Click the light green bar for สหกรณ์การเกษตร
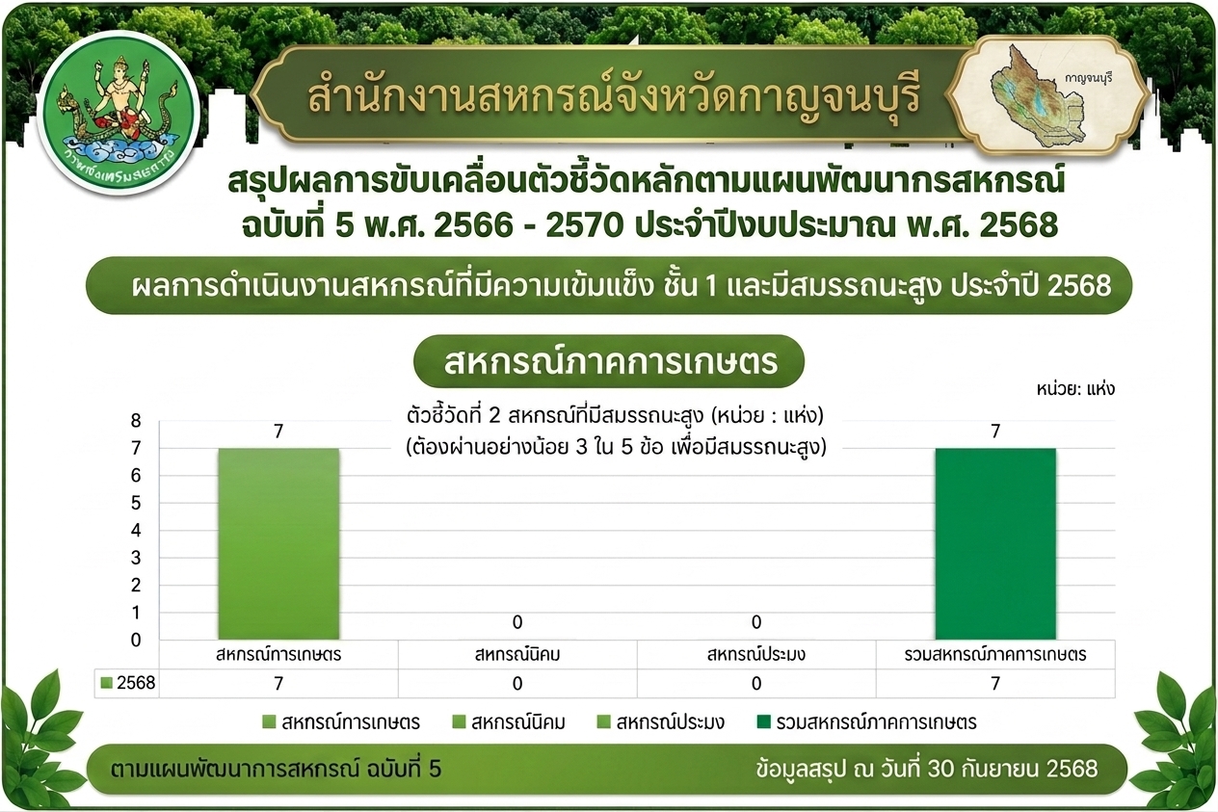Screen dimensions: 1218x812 pos(278,543)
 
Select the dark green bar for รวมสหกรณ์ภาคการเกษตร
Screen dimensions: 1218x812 pos(995,543)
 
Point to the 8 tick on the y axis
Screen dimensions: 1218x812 pos(136,421)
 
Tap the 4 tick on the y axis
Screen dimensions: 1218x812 pos(136,531)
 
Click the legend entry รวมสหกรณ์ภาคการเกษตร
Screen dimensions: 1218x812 pos(867,722)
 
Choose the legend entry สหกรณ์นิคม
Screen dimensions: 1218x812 pos(509,722)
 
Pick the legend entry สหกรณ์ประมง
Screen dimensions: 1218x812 pos(661,722)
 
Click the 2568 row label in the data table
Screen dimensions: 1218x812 pos(128,683)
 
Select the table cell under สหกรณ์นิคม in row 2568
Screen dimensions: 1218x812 pos(517,683)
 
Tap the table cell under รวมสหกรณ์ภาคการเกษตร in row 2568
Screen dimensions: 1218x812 pos(995,683)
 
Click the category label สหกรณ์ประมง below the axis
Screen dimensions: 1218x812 pos(755,654)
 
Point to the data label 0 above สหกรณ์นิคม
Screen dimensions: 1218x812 pos(517,622)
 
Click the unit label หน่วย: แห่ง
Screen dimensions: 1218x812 pos(1075,389)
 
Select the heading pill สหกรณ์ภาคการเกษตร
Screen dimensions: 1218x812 pos(609,361)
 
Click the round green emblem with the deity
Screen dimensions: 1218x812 pos(119,113)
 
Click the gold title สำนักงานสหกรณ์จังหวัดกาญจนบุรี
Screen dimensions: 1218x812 pos(614,96)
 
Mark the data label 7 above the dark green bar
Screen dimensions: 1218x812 pos(995,432)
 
